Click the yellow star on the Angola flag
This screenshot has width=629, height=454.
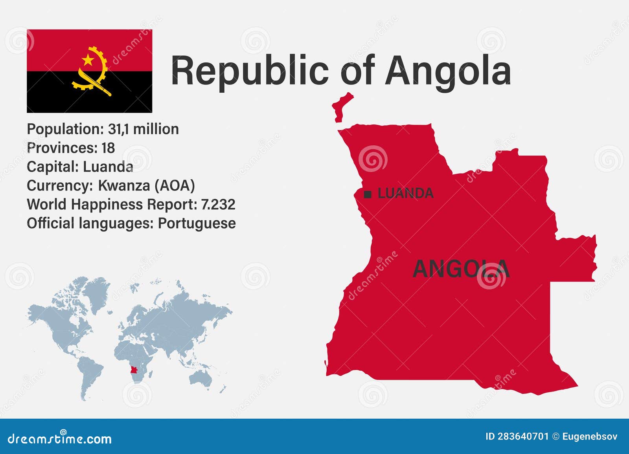[88, 60]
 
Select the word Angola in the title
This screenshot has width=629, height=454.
[448, 71]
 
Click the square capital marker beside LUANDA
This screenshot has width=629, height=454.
[368, 194]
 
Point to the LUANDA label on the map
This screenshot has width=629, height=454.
[405, 193]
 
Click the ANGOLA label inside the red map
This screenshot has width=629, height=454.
[461, 269]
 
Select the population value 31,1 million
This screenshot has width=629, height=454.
[143, 129]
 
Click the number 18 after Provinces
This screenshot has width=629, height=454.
[108, 148]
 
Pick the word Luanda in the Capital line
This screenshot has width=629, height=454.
[108, 167]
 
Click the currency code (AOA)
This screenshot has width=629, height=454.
[175, 186]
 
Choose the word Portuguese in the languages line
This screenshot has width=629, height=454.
[197, 223]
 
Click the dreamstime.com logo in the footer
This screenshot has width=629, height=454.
[60, 438]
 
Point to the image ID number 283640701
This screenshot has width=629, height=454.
[523, 436]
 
